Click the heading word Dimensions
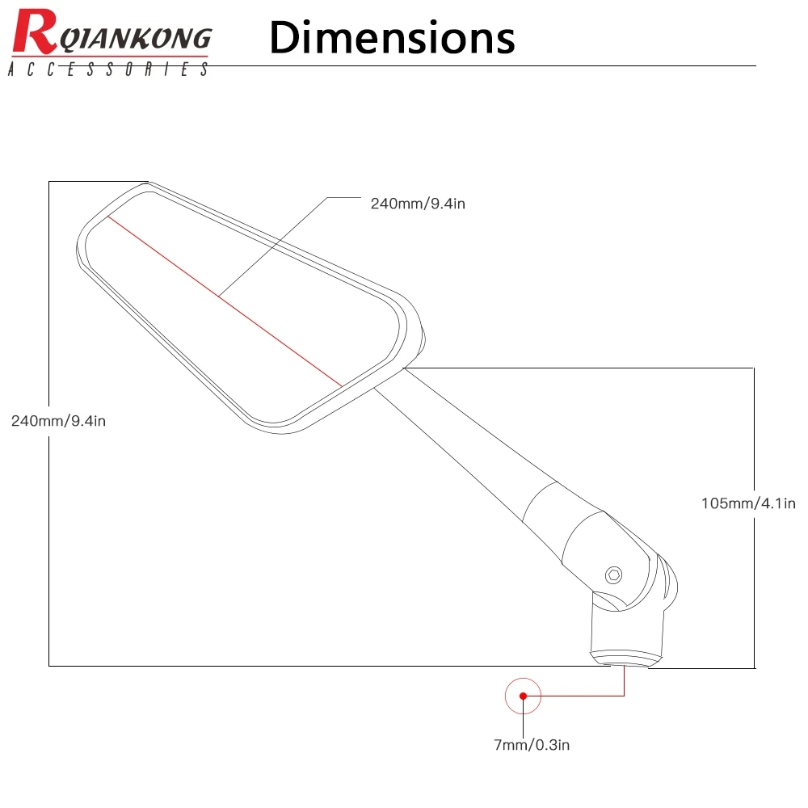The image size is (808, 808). (392, 38)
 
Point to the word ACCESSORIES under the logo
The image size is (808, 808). (107, 70)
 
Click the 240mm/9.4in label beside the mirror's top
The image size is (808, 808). (418, 204)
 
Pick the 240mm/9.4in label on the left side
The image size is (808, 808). (58, 420)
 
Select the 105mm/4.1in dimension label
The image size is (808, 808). (748, 503)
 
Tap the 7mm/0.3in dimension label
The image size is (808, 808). (532, 745)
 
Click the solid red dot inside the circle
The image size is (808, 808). (523, 696)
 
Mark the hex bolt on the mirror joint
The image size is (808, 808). (614, 574)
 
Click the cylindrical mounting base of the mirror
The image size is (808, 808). (629, 634)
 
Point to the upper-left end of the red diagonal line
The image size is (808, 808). (108, 217)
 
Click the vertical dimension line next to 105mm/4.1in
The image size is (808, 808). (754, 436)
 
